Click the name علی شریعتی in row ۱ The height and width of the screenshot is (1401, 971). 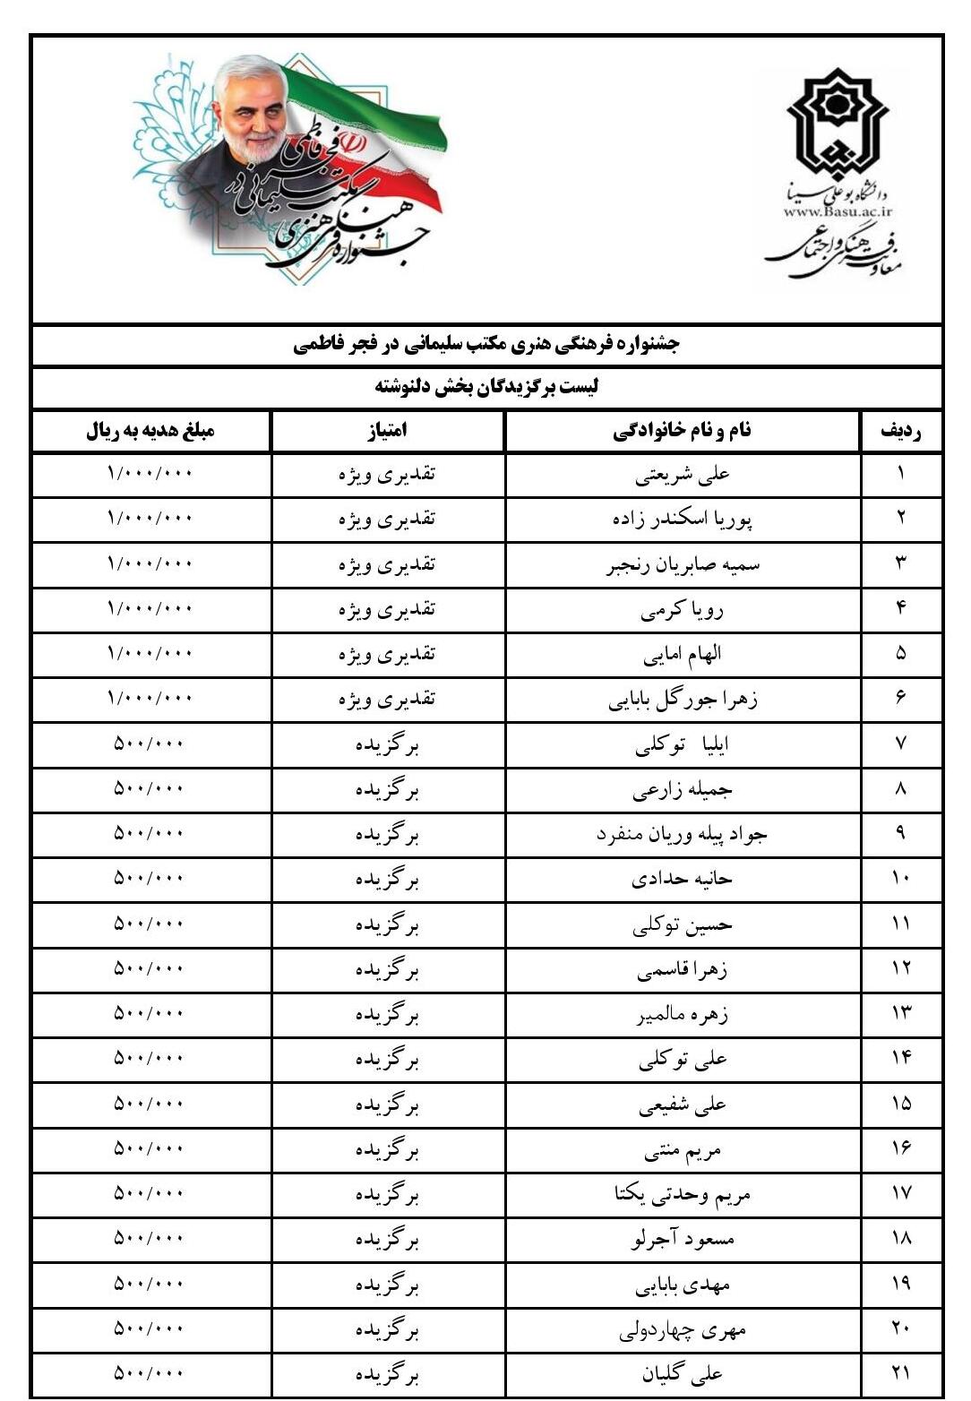[683, 475]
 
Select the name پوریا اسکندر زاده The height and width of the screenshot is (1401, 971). [683, 520]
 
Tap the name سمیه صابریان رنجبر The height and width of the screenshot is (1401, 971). [683, 564]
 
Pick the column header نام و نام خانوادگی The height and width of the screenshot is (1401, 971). [683, 431]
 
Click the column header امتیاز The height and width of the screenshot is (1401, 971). [387, 431]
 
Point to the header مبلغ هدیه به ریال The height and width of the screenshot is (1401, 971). [150, 431]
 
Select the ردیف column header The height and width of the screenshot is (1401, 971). [900, 431]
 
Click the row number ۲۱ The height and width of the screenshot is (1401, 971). [900, 1373]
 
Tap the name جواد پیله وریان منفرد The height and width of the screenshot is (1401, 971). [683, 835]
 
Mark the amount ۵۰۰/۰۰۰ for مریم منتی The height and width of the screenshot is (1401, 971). [150, 1149]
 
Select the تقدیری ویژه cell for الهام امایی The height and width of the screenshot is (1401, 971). [387, 654]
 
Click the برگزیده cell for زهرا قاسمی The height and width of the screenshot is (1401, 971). [387, 969]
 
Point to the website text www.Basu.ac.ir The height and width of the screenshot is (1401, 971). [838, 211]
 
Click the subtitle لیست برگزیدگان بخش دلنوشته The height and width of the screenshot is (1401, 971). [486, 387]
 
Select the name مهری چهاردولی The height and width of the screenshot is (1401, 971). [683, 1330]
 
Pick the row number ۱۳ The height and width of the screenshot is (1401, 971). [900, 1014]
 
